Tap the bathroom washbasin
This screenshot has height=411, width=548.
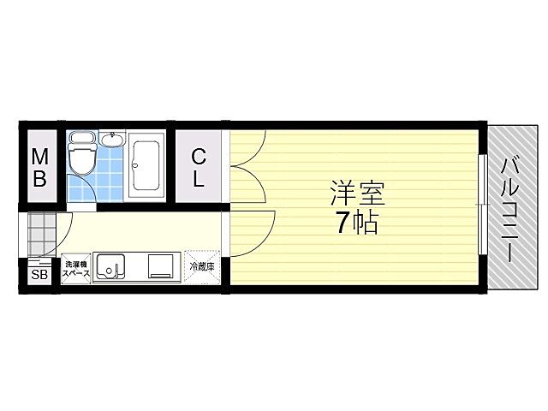coord(112,140)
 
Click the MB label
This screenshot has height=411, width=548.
coord(39,167)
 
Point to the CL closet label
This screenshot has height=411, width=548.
coord(199,167)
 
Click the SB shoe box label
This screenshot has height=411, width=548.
coord(39,275)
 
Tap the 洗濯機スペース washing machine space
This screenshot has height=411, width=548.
coord(75,267)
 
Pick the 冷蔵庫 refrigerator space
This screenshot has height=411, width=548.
coord(203,267)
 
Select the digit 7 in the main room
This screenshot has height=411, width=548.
coord(343,224)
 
